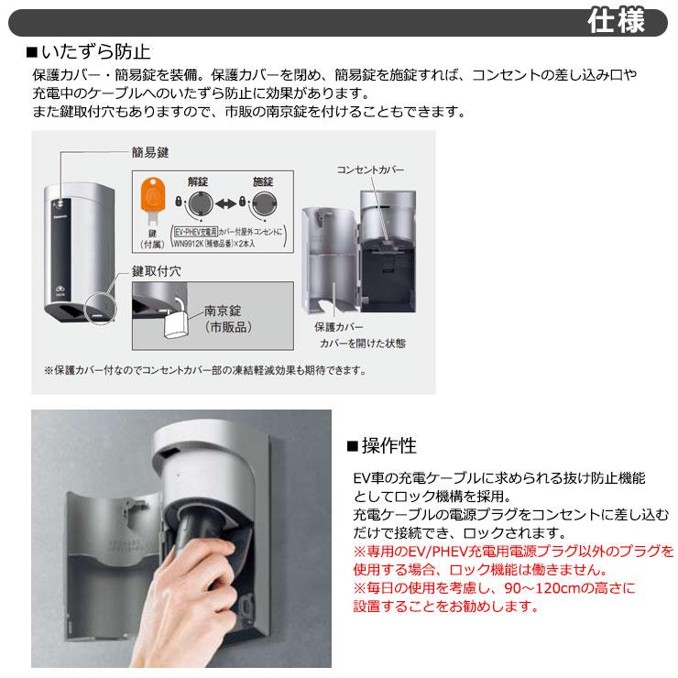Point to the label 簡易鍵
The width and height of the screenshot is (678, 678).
(150, 153)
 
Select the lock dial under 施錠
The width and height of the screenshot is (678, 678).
(264, 202)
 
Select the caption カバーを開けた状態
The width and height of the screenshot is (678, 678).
(362, 343)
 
